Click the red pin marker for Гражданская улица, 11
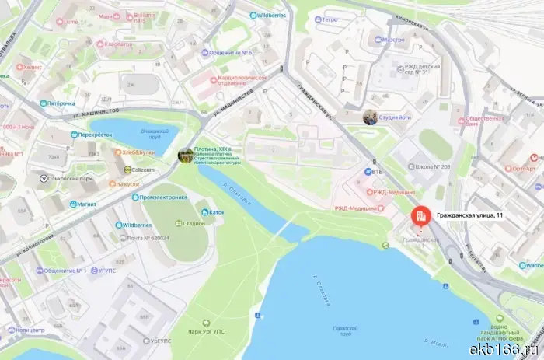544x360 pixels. pos(420,217)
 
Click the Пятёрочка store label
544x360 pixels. pos(61,103)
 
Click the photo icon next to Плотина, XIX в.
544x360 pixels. pos(185,156)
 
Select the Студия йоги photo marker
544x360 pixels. pos(370,117)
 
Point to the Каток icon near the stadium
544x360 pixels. pos(203,211)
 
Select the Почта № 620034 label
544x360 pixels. pos(148,238)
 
